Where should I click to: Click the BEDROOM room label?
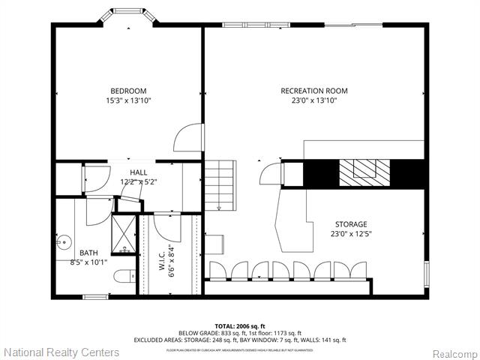click(128, 91)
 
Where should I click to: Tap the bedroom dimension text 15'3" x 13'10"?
click(128, 100)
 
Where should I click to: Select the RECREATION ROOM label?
click(313, 91)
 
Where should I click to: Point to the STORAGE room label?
click(351, 224)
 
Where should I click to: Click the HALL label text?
click(138, 172)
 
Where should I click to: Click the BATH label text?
click(67, 253)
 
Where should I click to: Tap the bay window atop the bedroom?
click(128, 18)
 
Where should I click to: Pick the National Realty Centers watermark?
click(61, 352)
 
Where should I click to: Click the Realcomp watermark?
click(453, 352)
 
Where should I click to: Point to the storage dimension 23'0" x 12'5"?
click(351, 233)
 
